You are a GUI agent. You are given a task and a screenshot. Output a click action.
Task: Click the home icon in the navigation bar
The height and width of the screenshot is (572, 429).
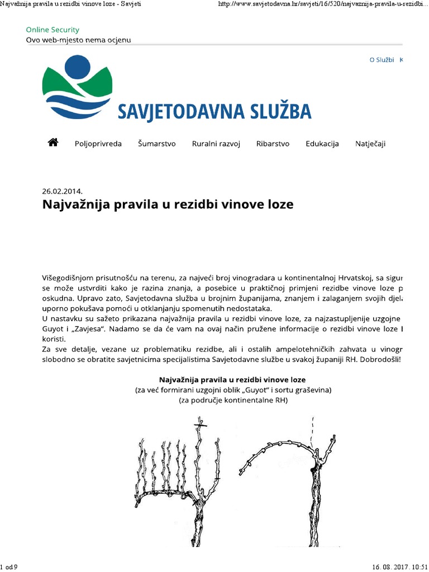53,143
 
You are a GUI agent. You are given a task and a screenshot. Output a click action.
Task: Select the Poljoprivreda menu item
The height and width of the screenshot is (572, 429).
98,144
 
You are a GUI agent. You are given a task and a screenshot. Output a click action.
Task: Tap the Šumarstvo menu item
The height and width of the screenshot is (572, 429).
157,144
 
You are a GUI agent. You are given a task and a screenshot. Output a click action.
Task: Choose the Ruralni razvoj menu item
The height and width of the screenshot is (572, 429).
216,144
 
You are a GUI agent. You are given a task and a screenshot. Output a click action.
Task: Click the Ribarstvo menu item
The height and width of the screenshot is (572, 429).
273,144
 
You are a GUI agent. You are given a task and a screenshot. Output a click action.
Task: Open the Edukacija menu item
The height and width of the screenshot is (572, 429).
322,144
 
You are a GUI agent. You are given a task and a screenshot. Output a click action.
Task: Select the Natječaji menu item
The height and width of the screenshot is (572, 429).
370,144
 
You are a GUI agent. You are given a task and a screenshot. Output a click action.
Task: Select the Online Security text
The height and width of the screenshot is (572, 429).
53,30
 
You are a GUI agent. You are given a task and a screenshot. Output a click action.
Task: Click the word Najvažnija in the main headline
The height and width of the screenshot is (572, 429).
76,204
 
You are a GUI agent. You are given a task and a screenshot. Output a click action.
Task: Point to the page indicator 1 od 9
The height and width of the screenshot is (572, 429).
9,567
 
